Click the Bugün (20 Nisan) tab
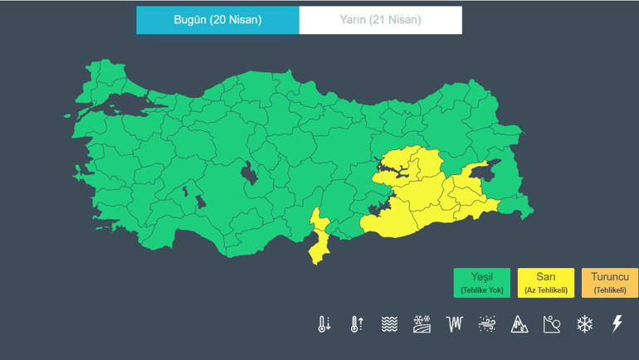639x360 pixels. (x=217, y=20)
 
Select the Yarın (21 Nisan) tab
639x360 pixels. (x=380, y=20)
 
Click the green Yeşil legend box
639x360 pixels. (x=482, y=282)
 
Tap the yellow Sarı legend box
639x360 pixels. (x=546, y=282)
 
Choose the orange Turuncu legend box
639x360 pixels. (x=609, y=282)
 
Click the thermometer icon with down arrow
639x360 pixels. (x=324, y=324)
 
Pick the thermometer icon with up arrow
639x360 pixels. (x=356, y=324)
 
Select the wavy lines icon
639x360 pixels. (x=389, y=324)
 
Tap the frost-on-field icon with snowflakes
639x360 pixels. (x=422, y=324)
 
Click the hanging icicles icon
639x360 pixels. (x=454, y=324)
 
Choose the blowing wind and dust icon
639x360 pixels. (x=487, y=324)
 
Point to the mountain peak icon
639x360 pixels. (x=519, y=324)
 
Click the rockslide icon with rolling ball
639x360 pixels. (x=552, y=324)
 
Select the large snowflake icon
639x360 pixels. (x=585, y=324)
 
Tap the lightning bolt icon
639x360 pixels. (x=617, y=324)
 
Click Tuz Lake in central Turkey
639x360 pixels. (x=248, y=173)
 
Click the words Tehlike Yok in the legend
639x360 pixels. (x=482, y=289)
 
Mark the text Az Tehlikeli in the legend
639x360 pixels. (x=546, y=289)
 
